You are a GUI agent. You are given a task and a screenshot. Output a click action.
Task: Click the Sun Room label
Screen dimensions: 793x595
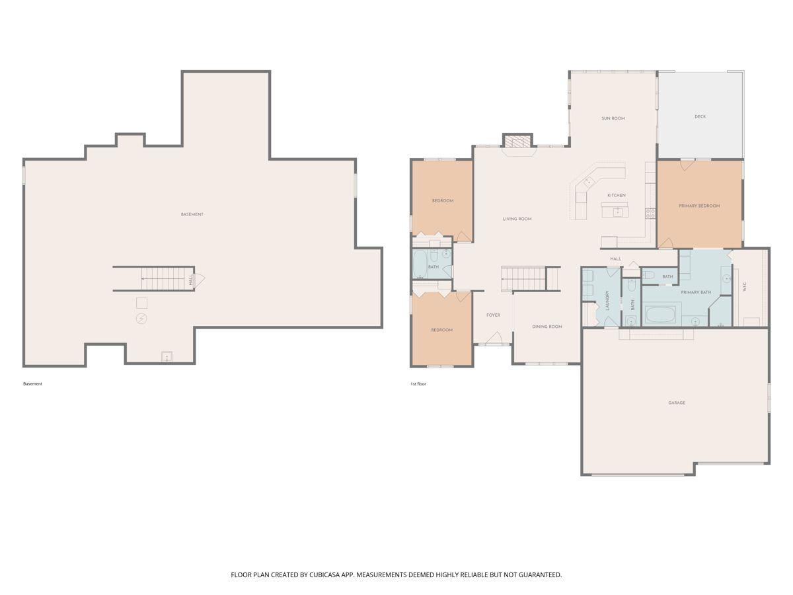[x=613, y=118]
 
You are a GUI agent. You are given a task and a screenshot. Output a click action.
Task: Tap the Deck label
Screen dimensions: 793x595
[x=700, y=116]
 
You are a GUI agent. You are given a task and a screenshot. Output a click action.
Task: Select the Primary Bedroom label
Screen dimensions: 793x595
[x=699, y=206]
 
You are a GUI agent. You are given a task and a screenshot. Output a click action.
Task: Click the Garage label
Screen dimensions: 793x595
[x=676, y=403]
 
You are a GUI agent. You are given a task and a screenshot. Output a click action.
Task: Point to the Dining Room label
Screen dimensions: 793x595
[x=547, y=326]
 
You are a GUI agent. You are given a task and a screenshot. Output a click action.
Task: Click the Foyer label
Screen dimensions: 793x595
[x=493, y=315]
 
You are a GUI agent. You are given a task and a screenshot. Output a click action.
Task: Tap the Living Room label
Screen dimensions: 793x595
[x=517, y=219]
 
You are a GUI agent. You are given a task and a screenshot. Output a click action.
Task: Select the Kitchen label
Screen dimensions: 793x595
[x=616, y=195]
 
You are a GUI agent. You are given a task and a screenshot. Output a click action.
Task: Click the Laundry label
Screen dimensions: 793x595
[x=607, y=300]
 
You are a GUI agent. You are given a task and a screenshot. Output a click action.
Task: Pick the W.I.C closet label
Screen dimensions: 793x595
[x=744, y=287]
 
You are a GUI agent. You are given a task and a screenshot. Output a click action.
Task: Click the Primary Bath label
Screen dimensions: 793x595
[x=695, y=292]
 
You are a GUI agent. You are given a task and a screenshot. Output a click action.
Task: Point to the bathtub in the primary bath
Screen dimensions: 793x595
[x=660, y=314]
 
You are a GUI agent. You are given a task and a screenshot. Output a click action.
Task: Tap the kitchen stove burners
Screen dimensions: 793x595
[x=650, y=213]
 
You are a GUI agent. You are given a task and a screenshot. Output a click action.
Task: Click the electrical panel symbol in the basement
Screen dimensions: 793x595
[x=141, y=318]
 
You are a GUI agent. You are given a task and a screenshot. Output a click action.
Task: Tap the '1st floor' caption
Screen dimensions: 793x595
[x=418, y=383]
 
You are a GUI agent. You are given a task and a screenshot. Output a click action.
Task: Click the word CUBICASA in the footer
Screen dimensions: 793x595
[x=324, y=575]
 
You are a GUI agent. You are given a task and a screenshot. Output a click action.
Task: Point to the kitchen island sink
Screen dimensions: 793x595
[x=617, y=211]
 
